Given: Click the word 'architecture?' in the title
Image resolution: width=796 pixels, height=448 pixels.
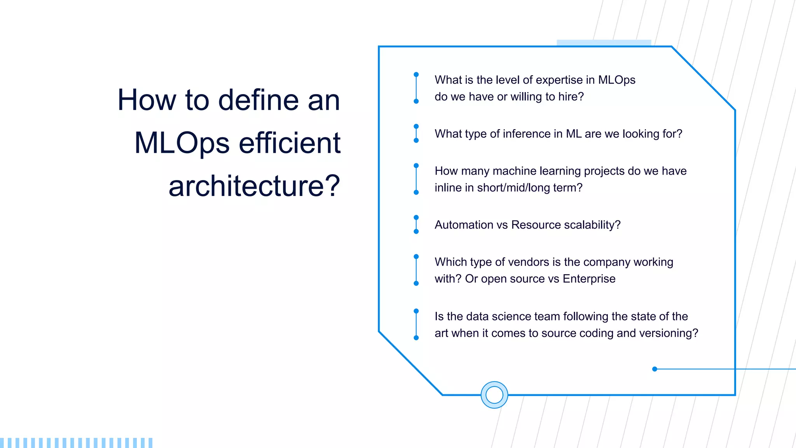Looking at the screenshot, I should [x=254, y=186].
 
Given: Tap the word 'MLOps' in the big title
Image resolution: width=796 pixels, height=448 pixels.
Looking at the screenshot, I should [x=182, y=143].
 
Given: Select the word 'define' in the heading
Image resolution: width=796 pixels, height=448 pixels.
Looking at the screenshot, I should [x=259, y=100].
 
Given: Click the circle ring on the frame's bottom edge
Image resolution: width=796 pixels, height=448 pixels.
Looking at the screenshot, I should [x=494, y=395].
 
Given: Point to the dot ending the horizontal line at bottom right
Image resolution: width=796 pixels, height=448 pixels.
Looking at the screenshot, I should [x=655, y=369].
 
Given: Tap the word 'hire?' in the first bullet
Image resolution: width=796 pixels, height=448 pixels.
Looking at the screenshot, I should [x=571, y=96].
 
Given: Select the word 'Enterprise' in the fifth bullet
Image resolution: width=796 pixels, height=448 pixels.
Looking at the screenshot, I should [x=589, y=279].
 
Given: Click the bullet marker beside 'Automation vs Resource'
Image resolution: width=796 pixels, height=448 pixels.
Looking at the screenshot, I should [x=416, y=224].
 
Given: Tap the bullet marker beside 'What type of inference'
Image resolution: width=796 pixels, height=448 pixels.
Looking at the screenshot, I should [x=416, y=133].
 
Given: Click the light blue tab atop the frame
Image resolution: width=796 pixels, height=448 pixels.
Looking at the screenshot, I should [x=603, y=43].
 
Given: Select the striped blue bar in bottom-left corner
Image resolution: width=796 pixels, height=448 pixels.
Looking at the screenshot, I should [x=76, y=443].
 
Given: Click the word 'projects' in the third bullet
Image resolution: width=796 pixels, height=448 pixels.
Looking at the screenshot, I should [x=604, y=171].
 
